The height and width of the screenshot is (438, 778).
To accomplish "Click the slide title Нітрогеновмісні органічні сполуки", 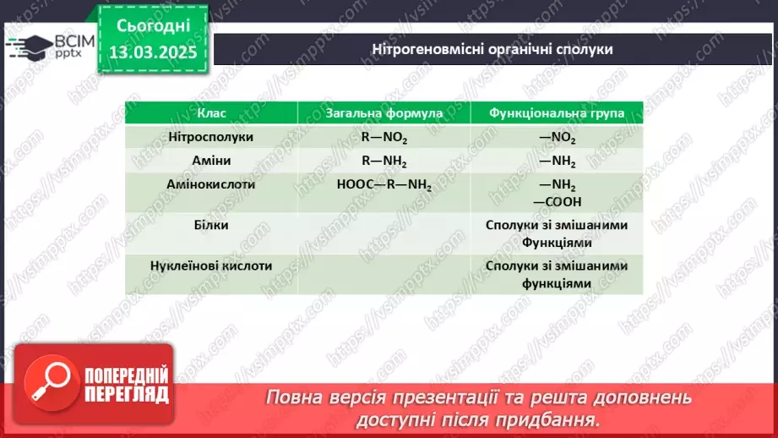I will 492,48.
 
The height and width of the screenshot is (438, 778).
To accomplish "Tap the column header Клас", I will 211,112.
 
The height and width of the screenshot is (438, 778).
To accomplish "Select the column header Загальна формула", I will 384,112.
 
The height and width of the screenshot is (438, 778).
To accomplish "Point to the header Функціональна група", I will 557,112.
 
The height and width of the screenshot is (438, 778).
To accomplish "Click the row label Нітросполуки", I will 211,136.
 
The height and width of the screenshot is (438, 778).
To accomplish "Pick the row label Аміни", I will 211,160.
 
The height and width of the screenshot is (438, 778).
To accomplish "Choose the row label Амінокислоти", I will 211,183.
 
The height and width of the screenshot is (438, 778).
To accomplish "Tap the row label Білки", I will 211,224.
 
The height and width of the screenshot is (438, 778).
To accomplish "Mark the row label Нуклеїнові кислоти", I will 211,265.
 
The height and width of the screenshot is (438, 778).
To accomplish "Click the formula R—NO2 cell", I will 384,137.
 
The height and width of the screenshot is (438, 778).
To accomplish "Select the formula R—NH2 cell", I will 384,161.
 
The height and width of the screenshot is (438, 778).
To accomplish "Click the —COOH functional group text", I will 557,201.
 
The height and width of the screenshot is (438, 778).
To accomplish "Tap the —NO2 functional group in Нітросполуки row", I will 557,137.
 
